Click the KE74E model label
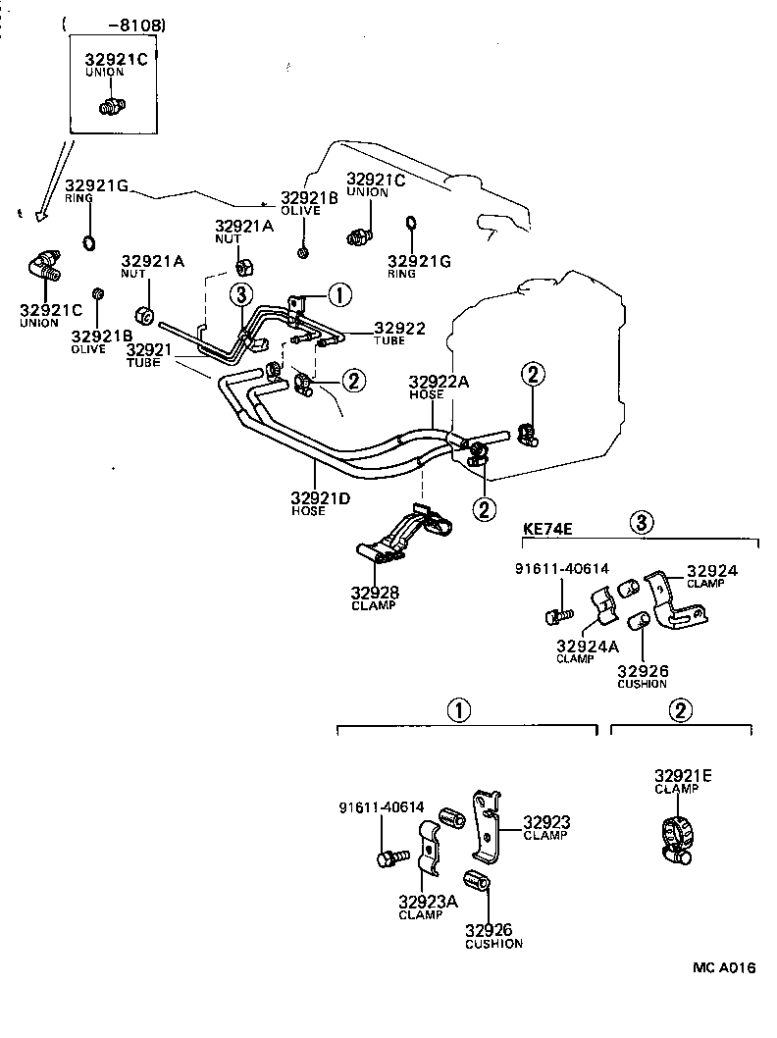547,528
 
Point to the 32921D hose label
321,499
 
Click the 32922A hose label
439,382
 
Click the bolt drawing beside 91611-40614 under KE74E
556,615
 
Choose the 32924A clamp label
586,647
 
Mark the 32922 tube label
399,329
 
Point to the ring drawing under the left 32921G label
88,243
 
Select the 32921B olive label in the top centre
309,197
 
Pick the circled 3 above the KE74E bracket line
641,521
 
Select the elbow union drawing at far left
45,268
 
